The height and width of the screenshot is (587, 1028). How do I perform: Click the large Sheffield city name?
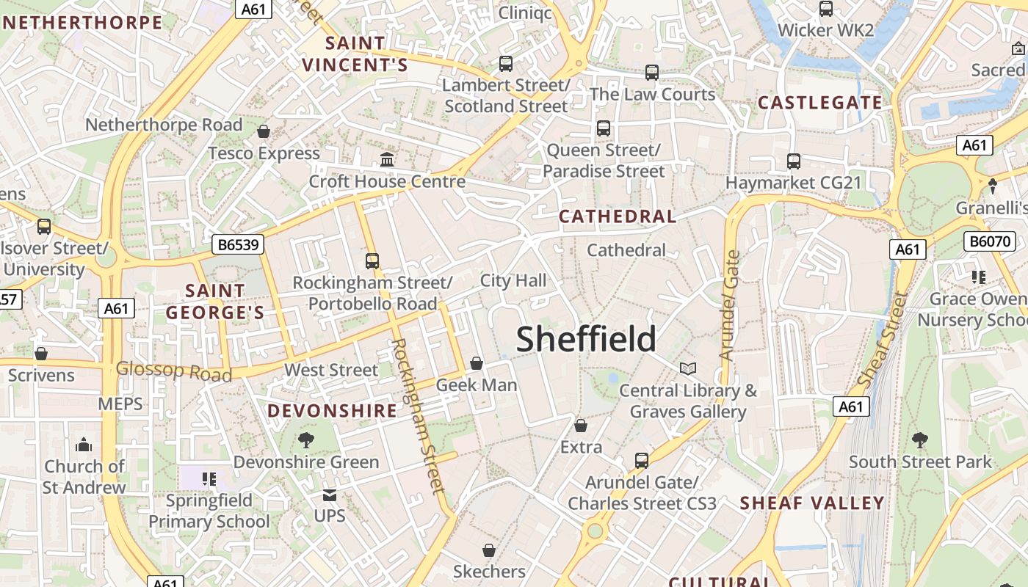586,339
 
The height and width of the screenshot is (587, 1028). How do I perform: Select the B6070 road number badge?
989,241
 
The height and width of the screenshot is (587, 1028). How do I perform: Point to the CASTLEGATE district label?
819,103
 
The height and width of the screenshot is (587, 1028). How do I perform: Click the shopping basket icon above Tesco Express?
264,131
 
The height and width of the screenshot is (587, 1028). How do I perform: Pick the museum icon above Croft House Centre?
387,159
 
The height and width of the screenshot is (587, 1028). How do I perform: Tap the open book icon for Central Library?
687,368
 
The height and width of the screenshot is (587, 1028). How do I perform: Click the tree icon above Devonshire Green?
306,440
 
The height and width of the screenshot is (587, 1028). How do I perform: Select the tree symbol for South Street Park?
919,440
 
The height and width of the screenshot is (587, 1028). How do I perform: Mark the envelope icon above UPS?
329,495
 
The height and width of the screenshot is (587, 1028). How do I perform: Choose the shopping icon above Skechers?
489,550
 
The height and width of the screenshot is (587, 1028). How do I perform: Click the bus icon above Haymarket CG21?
793,161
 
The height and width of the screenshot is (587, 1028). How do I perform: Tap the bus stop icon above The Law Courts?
651,73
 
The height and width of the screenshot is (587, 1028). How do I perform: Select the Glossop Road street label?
174,371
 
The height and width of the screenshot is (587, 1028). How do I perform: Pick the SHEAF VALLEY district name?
811,503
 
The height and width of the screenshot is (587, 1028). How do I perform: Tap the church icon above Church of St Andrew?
84,445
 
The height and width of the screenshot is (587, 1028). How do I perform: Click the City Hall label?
513,280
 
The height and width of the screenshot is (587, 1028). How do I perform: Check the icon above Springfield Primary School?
209,479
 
